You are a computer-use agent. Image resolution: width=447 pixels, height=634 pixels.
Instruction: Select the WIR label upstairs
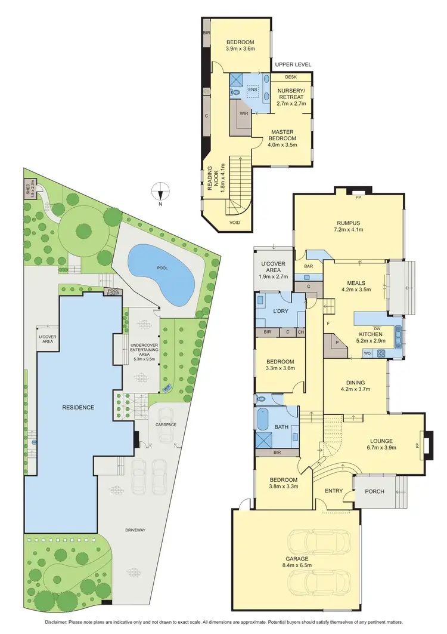[x=244, y=112]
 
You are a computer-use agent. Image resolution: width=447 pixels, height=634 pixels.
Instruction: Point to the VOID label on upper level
[x=236, y=221]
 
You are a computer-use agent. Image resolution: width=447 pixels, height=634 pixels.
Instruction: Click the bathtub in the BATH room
[x=263, y=419]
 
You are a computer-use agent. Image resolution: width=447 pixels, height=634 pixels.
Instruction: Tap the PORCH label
[x=374, y=491]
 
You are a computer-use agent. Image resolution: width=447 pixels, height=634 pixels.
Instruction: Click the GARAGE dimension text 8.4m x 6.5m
[x=296, y=566]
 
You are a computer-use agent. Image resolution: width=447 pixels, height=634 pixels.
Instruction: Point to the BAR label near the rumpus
[x=309, y=267]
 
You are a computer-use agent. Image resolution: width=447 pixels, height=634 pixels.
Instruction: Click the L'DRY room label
[x=281, y=312]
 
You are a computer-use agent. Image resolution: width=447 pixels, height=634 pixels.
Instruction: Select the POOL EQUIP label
[x=112, y=292]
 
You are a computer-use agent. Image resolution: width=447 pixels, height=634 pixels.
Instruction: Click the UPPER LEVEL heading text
[x=293, y=64]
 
